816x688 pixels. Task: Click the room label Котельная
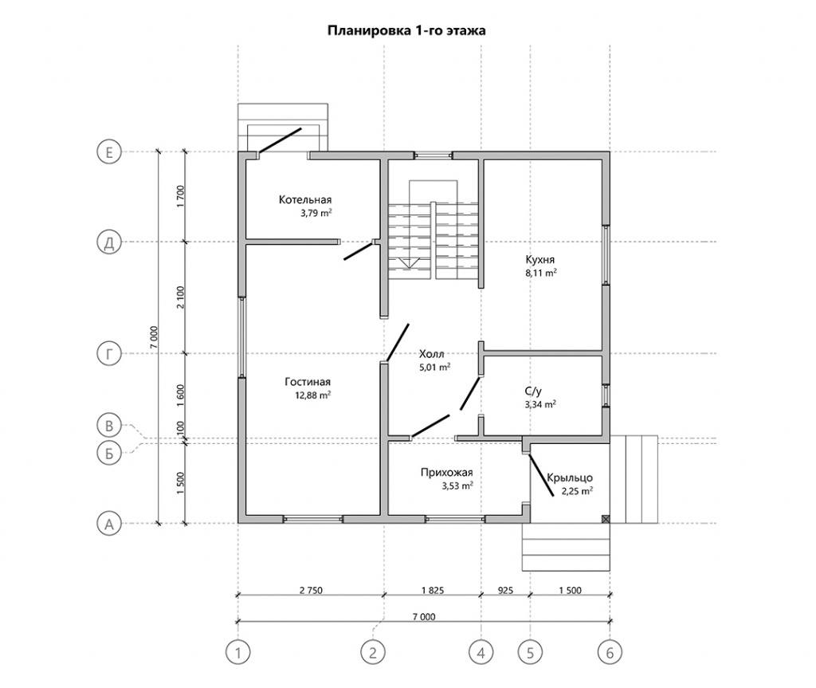pyautogui.click(x=305, y=199)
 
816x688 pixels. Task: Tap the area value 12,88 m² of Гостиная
pyautogui.click(x=312, y=395)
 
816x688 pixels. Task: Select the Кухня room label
pyautogui.click(x=540, y=259)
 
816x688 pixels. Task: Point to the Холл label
pyautogui.click(x=431, y=354)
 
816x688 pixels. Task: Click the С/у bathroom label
pyautogui.click(x=533, y=391)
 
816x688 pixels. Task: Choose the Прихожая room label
pyautogui.click(x=446, y=473)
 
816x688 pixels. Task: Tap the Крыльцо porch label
pyautogui.click(x=570, y=478)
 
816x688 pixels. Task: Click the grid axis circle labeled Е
pyautogui.click(x=109, y=152)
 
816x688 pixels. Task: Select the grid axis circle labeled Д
pyautogui.click(x=109, y=242)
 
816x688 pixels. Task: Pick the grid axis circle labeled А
pyautogui.click(x=109, y=524)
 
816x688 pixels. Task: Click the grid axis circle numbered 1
pyautogui.click(x=238, y=652)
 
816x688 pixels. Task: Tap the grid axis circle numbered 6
pyautogui.click(x=610, y=652)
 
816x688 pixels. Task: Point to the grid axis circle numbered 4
pyautogui.click(x=481, y=652)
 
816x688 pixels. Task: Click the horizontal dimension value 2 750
pyautogui.click(x=311, y=590)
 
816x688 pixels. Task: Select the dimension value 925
pyautogui.click(x=505, y=590)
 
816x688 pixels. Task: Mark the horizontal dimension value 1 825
pyautogui.click(x=433, y=590)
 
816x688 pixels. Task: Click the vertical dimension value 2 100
pyautogui.click(x=180, y=297)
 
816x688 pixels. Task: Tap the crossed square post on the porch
pyautogui.click(x=606, y=519)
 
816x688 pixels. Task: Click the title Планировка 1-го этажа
pyautogui.click(x=406, y=30)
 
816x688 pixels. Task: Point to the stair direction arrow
pyautogui.click(x=408, y=262)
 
